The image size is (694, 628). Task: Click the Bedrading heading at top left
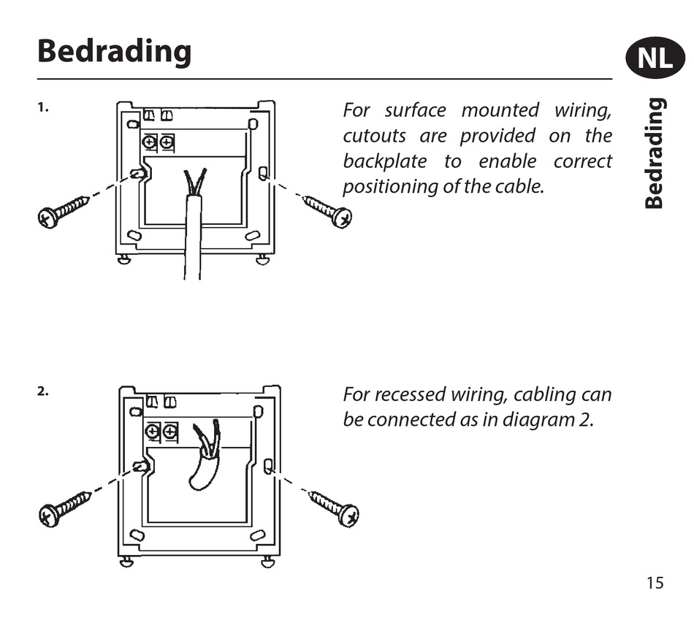(115, 52)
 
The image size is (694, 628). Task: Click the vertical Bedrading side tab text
(655, 154)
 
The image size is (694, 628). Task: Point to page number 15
(655, 583)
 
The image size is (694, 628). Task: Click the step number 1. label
(43, 107)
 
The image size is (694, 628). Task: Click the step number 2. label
(43, 391)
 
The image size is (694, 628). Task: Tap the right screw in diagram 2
(335, 508)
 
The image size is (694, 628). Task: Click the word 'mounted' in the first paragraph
(500, 111)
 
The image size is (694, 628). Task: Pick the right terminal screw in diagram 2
(170, 432)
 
